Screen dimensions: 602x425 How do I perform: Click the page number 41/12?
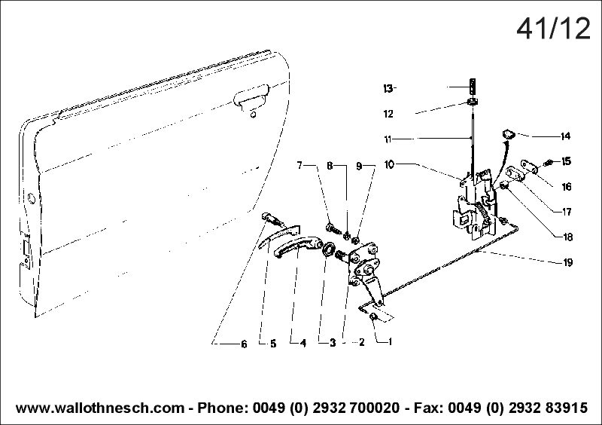point(553,29)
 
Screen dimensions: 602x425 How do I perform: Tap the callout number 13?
point(388,88)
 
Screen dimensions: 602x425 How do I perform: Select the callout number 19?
point(567,262)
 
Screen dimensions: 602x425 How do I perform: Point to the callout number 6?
point(244,344)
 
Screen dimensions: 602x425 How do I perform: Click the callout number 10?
point(389,164)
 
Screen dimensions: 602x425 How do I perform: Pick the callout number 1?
point(390,341)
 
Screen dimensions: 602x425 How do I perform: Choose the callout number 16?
point(567,187)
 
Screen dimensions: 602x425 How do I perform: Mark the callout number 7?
point(299,165)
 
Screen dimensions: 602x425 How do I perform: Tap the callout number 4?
point(303,343)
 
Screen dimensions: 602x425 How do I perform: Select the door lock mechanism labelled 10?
point(475,204)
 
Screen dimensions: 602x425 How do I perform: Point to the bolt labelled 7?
point(333,228)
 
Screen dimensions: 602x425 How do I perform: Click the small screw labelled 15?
point(548,163)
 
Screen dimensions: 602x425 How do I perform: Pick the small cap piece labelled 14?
point(509,134)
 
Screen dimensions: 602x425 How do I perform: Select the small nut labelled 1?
point(372,317)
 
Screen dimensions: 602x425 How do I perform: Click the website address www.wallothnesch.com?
point(100,408)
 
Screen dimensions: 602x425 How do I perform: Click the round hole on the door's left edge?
point(31,198)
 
